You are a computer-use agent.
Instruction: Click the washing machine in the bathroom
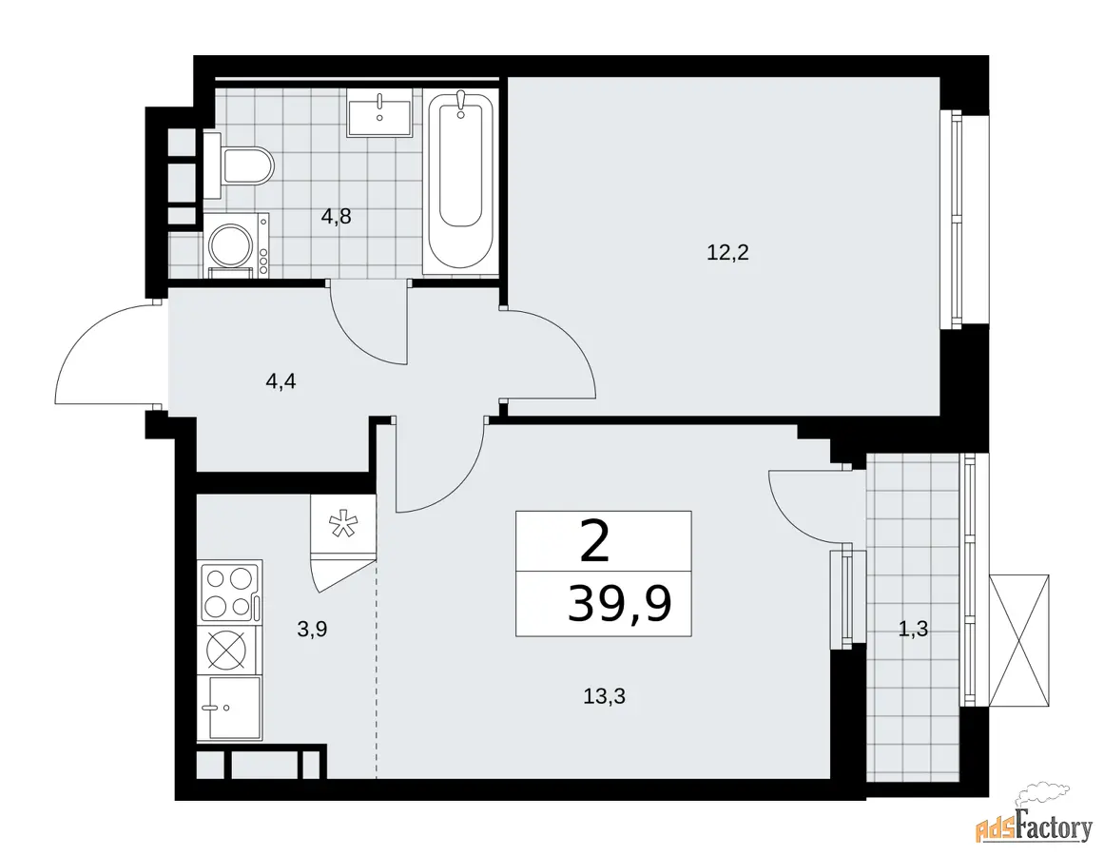(236, 243)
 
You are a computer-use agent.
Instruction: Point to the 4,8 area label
(336, 216)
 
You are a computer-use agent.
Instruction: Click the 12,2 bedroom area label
(727, 252)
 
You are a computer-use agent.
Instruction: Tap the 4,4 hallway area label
(281, 381)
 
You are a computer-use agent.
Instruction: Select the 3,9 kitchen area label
(312, 630)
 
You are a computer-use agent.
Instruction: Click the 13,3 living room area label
(604, 696)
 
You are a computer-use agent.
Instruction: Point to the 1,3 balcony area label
(913, 630)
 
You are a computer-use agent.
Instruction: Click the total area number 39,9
(620, 605)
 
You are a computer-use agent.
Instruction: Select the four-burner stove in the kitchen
(231, 592)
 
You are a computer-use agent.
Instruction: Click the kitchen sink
(229, 709)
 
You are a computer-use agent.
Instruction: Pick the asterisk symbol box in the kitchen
(343, 527)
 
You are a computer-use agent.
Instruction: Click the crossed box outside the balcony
(1018, 641)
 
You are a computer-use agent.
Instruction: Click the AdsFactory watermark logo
(1035, 823)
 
